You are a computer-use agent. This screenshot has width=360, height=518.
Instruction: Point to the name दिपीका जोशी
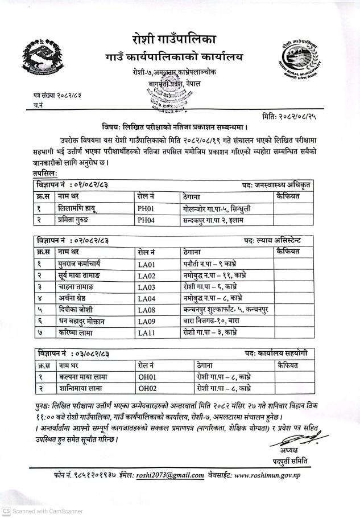(x=77, y=309)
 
